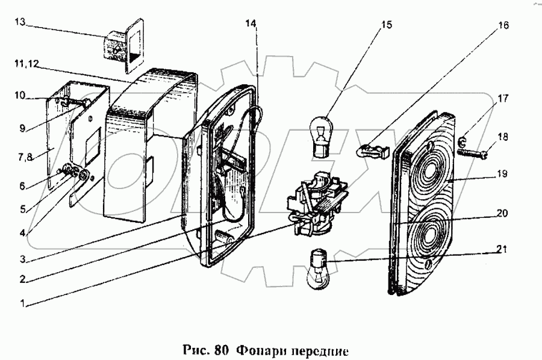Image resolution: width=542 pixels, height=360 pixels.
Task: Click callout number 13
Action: [x=19, y=22]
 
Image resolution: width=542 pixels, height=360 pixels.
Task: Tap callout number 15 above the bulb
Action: [x=385, y=25]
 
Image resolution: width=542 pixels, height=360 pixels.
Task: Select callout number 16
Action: [x=503, y=26]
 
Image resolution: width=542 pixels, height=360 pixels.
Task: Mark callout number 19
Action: [x=501, y=175]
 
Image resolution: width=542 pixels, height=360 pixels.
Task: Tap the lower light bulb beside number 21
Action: [x=317, y=268]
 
